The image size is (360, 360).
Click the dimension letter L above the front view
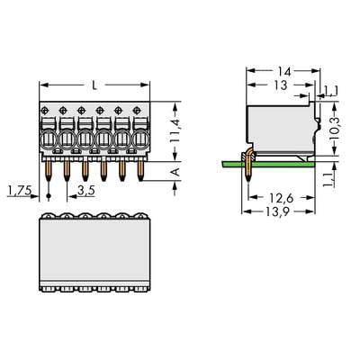coord(94,85)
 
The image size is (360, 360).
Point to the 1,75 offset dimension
coord(20,190)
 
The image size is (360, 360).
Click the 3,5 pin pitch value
coord(86,190)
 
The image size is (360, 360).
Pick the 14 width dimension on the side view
coord(283,72)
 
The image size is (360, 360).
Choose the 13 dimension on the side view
coord(281,85)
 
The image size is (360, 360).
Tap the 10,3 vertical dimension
coord(334,129)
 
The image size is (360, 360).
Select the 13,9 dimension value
coord(276,212)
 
